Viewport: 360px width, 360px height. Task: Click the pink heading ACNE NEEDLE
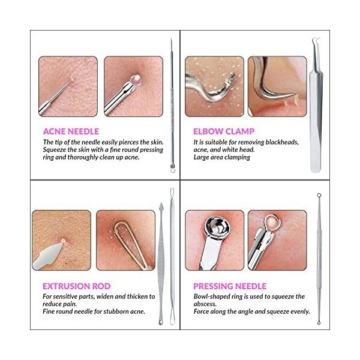point(71,131)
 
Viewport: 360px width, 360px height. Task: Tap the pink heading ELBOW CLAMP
point(223,131)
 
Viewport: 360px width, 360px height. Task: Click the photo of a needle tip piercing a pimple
point(68,86)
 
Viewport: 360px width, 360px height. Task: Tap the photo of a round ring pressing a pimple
point(133,86)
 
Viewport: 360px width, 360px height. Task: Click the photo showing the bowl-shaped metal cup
point(214,239)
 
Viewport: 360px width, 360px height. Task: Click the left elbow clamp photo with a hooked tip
point(214,86)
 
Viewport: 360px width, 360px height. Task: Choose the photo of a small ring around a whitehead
point(277,239)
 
